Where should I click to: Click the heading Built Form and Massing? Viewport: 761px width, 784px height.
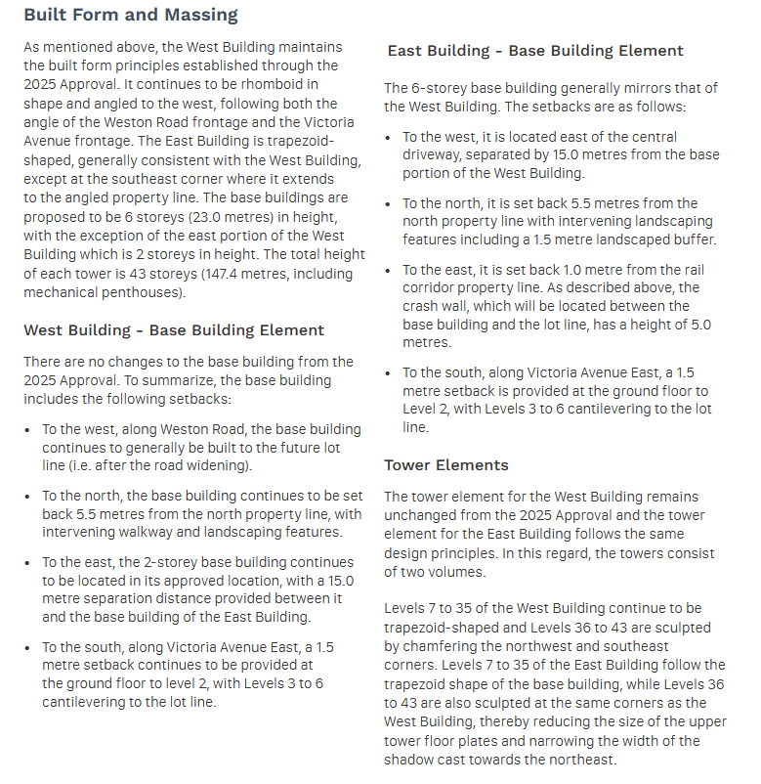click(x=130, y=15)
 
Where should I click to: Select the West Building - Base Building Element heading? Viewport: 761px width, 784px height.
click(x=174, y=330)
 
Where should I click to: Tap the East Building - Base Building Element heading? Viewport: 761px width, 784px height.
click(x=535, y=51)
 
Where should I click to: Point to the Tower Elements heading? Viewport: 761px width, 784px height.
click(x=446, y=464)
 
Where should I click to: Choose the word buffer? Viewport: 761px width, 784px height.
click(x=695, y=240)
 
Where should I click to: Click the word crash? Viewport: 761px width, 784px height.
click(x=424, y=306)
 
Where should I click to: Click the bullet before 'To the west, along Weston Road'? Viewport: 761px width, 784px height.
click(x=28, y=430)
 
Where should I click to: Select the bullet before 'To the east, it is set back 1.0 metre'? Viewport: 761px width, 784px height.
click(x=389, y=271)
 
